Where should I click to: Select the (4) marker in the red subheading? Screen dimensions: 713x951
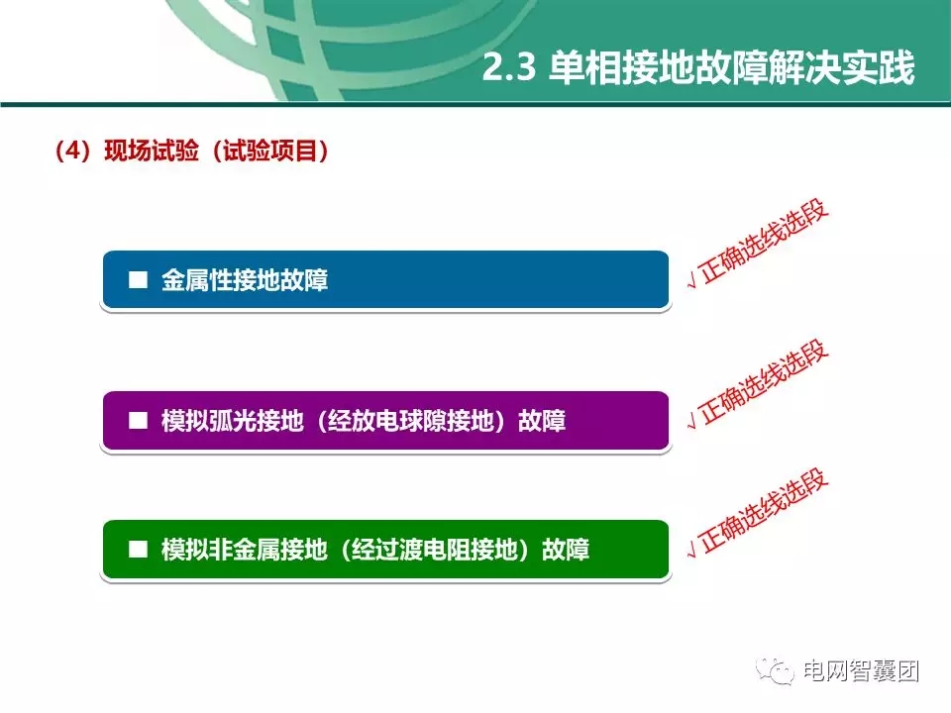point(72,152)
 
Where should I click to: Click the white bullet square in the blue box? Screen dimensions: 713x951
point(138,280)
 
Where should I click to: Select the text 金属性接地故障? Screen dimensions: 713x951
point(245,281)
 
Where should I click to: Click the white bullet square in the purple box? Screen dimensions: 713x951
point(138,420)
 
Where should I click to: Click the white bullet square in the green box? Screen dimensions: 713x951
point(138,549)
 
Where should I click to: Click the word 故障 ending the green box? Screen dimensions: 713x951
point(566,550)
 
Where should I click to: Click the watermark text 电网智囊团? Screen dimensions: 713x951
point(862,671)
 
